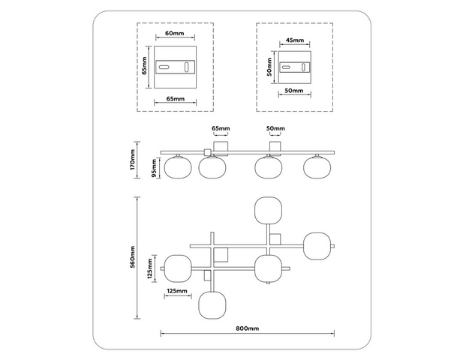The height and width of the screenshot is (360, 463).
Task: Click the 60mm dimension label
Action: click(x=175, y=33)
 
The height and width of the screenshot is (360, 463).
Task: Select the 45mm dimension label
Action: click(x=294, y=40)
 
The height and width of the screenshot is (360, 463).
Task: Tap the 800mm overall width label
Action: click(x=248, y=328)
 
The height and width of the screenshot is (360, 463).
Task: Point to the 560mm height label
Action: click(x=133, y=256)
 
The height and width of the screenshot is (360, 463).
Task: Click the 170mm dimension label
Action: click(x=133, y=159)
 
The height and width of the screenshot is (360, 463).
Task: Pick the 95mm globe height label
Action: click(x=154, y=168)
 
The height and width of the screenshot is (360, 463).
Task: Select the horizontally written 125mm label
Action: click(x=177, y=291)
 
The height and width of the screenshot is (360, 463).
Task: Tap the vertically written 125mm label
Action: click(x=150, y=268)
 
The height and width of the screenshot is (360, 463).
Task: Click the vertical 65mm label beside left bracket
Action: click(x=144, y=65)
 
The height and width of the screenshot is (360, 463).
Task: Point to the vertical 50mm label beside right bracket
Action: click(x=269, y=67)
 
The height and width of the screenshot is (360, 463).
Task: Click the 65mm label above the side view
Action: click(x=221, y=128)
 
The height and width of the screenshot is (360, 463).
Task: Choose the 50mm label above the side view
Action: click(x=275, y=128)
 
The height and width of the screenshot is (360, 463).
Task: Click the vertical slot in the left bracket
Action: click(x=187, y=67)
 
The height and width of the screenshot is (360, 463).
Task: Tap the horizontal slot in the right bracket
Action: click(x=286, y=67)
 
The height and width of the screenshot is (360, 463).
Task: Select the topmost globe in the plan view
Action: click(x=268, y=211)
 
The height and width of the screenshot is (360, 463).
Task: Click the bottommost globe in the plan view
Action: click(x=212, y=305)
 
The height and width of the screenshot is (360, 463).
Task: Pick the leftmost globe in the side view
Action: click(x=178, y=167)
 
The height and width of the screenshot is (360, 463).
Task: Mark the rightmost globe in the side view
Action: click(x=317, y=167)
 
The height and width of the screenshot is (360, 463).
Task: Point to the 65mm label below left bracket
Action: click(x=176, y=98)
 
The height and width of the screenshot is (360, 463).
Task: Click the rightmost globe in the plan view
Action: click(x=317, y=247)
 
